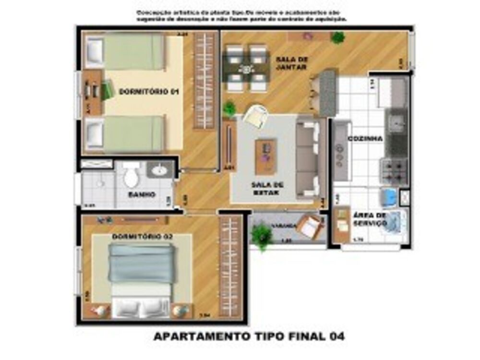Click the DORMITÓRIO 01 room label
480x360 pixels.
[142, 92]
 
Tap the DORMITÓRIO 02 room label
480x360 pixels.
[136, 237]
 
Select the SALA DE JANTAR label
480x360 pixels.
[291, 63]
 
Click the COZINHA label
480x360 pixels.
[365, 139]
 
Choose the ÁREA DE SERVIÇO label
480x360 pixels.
[370, 219]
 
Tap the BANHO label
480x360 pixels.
[141, 194]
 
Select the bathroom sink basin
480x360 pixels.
[160, 170]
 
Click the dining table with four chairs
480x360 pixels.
[246, 68]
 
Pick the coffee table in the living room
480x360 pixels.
[265, 156]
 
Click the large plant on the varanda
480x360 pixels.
[262, 236]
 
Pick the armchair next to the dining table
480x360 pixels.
[254, 116]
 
